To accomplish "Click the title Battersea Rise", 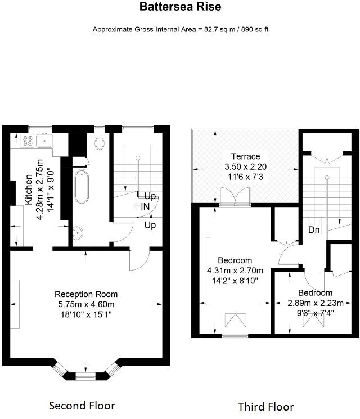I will click(180, 7).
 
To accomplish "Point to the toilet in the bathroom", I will click(100, 143).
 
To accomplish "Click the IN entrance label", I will click(145, 207).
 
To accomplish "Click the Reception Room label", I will click(86, 294).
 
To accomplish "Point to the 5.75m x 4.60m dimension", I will click(86, 304).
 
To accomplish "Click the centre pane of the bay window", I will click(85, 375).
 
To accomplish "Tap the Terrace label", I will click(245, 156).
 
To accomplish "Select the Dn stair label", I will click(314, 229).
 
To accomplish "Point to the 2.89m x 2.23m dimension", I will click(315, 303).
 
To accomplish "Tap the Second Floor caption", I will click(82, 406).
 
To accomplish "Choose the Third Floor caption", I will click(265, 407).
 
